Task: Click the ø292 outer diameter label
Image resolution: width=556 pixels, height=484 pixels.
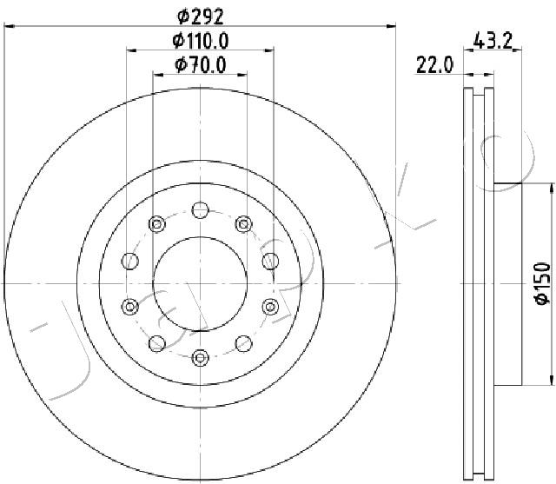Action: pyautogui.click(x=201, y=17)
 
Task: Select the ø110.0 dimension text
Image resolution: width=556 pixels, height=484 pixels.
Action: pyautogui.click(x=201, y=41)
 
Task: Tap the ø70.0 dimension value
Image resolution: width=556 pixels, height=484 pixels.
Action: pyautogui.click(x=201, y=65)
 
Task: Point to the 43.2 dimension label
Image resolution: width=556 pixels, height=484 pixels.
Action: pyautogui.click(x=493, y=40)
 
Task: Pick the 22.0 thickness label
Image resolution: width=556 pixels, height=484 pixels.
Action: pyautogui.click(x=434, y=65)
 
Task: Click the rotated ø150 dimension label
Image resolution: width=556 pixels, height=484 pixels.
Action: pyautogui.click(x=543, y=283)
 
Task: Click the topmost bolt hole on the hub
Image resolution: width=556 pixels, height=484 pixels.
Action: pyautogui.click(x=201, y=210)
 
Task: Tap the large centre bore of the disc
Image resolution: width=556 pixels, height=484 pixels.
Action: pyautogui.click(x=201, y=283)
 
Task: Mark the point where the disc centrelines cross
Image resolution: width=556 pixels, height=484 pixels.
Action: pyautogui.click(x=201, y=283)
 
